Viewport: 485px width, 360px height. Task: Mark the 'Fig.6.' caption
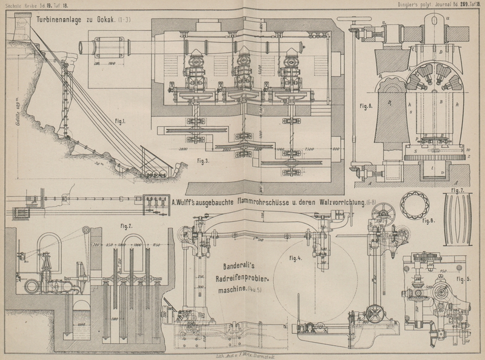tap(366, 107)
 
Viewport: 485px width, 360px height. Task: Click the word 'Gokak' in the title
tap(115, 19)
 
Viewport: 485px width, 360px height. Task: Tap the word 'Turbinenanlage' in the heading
tap(65, 19)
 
